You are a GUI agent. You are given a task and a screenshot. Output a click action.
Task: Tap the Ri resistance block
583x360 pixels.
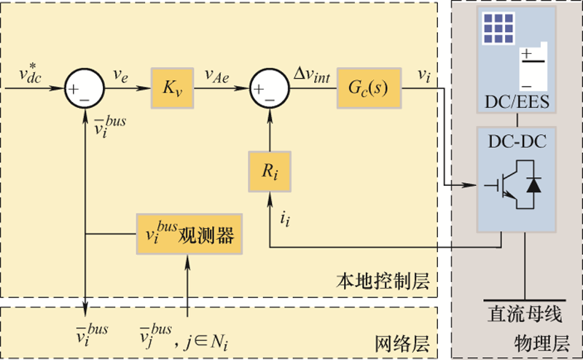(x=270, y=173)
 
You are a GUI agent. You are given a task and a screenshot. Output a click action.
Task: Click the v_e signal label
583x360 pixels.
(x=120, y=73)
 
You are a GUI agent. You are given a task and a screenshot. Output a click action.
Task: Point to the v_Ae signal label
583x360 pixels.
(x=218, y=74)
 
